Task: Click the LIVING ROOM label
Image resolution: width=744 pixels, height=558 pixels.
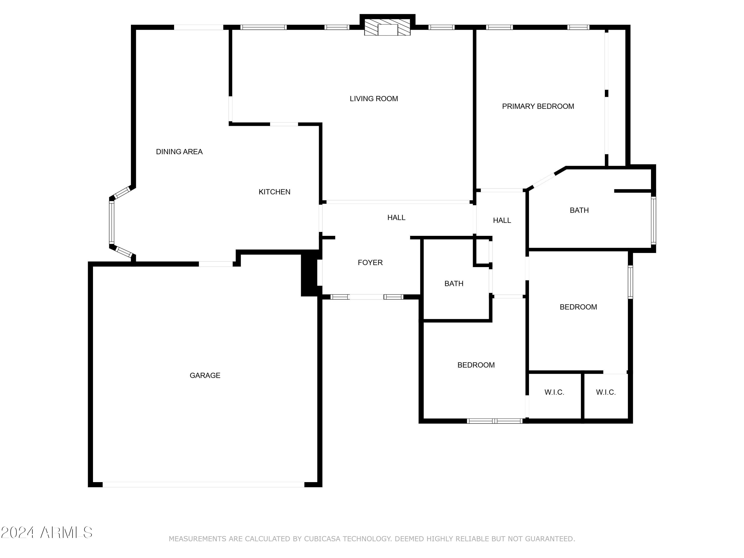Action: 374,98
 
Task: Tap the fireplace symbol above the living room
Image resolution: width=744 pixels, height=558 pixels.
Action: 387,27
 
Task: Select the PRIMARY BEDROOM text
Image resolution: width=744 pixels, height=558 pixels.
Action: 538,106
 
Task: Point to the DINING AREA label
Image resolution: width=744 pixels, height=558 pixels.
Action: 179,152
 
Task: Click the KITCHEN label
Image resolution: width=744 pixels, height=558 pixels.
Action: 275,192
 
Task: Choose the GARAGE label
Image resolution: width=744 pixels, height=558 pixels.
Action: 205,375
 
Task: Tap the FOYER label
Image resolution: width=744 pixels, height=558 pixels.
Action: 370,262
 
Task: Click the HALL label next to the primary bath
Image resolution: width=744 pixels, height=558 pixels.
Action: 502,220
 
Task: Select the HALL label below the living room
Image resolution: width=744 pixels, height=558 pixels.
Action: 396,217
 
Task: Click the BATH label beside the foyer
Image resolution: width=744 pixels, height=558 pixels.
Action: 454,283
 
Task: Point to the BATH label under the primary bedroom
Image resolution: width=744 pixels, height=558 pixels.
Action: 579,210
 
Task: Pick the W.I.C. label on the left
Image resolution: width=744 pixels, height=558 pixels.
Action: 554,392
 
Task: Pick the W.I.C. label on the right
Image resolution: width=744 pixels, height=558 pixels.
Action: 606,392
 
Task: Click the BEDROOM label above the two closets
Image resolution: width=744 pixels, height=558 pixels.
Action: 578,307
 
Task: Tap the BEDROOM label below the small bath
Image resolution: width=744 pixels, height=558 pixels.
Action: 476,365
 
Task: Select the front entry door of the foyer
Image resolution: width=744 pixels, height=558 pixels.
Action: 366,297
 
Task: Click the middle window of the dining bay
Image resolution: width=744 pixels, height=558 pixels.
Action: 111,222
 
